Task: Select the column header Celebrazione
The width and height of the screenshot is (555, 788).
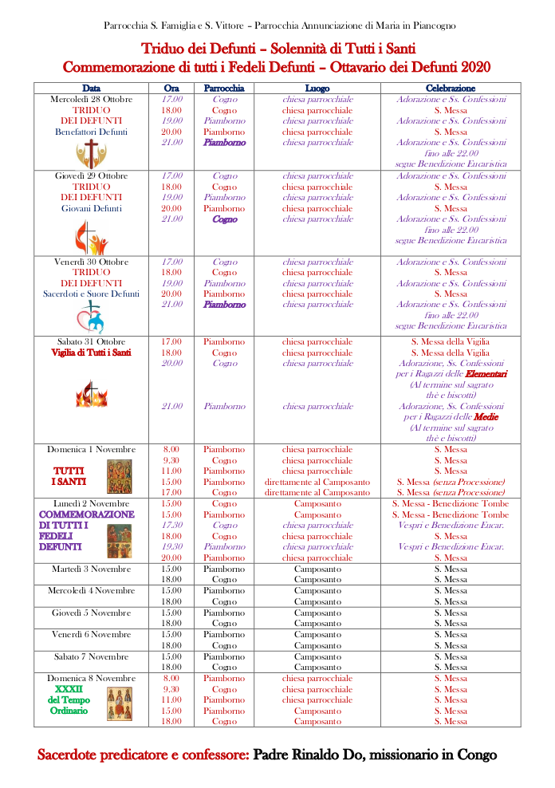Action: coord(451,89)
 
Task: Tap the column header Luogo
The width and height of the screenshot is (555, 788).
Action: coord(317,89)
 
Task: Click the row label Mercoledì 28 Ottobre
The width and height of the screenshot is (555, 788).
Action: coord(91,100)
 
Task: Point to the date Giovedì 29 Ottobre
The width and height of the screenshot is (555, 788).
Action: coord(91,176)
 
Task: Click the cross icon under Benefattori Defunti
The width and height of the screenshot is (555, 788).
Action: coord(91,153)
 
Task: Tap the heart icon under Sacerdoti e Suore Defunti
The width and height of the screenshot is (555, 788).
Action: coord(90,317)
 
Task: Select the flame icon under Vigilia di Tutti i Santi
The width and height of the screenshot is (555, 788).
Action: coord(90,393)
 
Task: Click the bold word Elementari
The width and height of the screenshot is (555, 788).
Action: coord(486,374)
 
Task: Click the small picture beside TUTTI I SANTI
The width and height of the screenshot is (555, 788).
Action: coord(119,476)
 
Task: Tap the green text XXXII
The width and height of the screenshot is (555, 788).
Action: coord(69,689)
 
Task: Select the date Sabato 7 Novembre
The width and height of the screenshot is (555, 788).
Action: coord(91,656)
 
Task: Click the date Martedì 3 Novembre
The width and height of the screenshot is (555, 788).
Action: coord(91,569)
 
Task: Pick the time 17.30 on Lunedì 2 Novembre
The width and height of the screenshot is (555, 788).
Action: coord(171,526)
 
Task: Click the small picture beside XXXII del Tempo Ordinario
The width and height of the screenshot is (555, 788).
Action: coord(119,703)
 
